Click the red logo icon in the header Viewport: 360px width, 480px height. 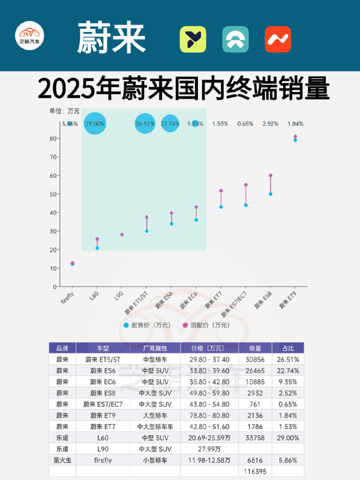278,39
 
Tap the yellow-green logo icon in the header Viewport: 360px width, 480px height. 193,39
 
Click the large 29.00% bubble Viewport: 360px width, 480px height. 95,123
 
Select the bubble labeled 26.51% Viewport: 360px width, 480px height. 145,123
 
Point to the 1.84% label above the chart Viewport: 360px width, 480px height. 295,124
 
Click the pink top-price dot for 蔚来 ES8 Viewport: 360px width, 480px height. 271,176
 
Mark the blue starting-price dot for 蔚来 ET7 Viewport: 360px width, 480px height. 221,207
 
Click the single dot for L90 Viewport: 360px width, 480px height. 122,235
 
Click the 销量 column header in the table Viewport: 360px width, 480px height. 255,348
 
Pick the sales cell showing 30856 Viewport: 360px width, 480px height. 255,359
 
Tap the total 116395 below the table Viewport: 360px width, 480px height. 255,471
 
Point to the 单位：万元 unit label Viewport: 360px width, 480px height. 65,110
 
